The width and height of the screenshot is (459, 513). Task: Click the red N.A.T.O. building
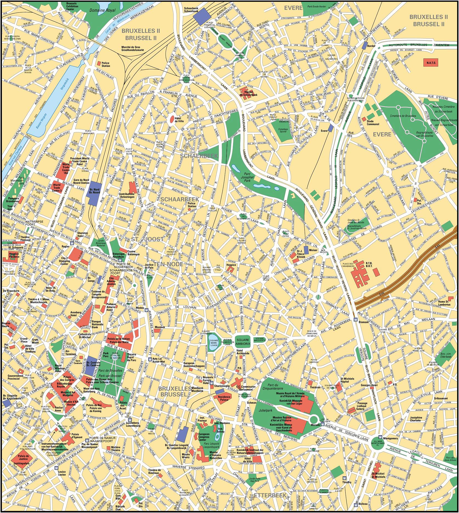pyautogui.click(x=430, y=63)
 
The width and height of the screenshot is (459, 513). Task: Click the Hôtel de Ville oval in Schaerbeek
pyautogui.click(x=172, y=119)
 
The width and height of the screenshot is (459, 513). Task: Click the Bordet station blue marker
pyautogui.click(x=364, y=46)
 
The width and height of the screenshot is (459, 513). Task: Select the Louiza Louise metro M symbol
pyautogui.click(x=56, y=468)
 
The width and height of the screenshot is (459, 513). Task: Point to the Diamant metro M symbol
pyautogui.click(x=356, y=319)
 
